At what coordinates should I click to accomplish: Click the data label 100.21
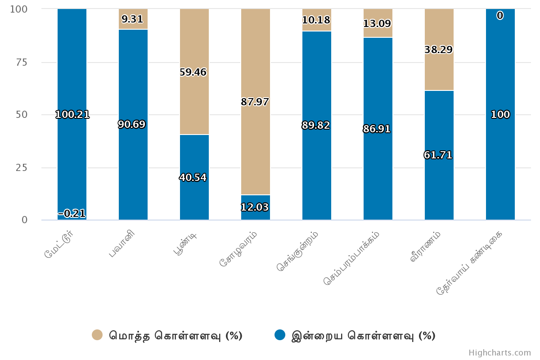[x=72, y=115]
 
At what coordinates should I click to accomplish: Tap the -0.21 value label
[x=72, y=213]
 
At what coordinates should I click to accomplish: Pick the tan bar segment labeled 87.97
[x=256, y=135]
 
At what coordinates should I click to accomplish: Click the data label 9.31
[x=132, y=19]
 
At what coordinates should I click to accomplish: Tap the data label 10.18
[x=316, y=20]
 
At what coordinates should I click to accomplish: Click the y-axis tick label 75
[x=22, y=62]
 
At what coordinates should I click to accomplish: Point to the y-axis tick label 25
[x=22, y=168]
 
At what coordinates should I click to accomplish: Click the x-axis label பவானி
[x=122, y=245]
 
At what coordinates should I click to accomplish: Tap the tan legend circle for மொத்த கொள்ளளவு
[x=97, y=335]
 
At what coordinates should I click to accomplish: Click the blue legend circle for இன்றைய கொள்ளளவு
[x=280, y=335]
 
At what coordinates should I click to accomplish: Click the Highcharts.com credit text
[x=499, y=353]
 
